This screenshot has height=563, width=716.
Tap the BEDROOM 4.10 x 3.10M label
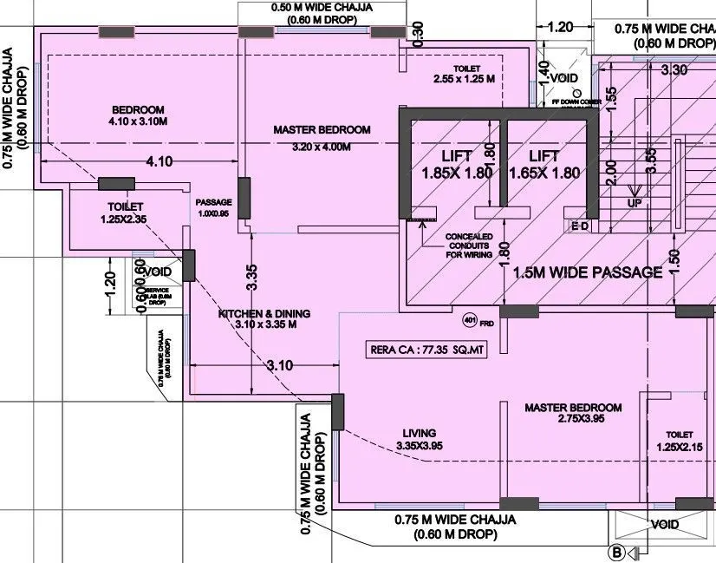(x=138, y=116)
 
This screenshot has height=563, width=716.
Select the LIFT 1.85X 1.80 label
(x=457, y=164)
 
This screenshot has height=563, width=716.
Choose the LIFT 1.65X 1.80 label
(x=544, y=164)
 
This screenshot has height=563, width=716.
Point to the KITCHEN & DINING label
(x=264, y=318)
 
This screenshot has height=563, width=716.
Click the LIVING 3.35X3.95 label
(x=420, y=439)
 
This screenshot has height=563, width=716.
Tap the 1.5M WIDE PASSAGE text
(x=588, y=272)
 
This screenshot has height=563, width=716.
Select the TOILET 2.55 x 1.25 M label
(x=465, y=74)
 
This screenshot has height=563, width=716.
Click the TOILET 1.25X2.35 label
(x=125, y=213)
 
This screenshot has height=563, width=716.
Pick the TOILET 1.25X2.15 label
(x=680, y=440)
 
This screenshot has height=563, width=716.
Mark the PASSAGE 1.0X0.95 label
(x=213, y=207)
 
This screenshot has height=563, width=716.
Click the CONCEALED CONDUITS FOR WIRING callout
(x=468, y=246)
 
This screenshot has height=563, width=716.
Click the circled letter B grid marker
(x=617, y=551)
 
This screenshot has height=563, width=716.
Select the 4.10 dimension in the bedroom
(x=159, y=160)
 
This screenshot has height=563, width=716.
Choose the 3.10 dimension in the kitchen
(x=279, y=365)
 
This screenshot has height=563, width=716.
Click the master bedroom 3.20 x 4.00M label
(x=322, y=138)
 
